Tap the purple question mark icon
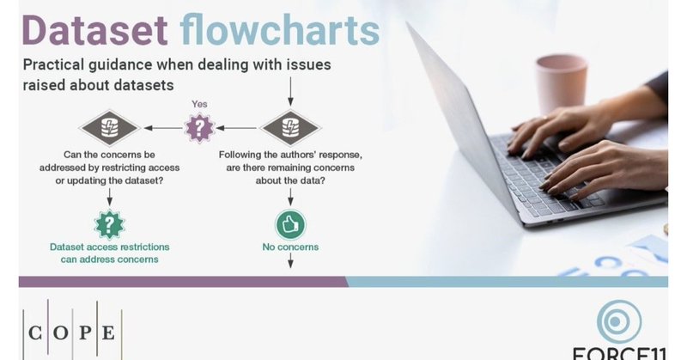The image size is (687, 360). (x=198, y=129)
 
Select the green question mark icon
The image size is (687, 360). (x=109, y=224)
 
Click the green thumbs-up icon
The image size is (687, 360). (x=289, y=224)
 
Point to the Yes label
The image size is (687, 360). (x=198, y=103)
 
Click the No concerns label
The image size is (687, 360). (x=290, y=247)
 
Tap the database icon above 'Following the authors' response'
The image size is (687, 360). (x=289, y=129)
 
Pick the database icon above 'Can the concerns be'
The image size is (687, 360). (x=109, y=129)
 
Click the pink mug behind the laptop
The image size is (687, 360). (x=561, y=83)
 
